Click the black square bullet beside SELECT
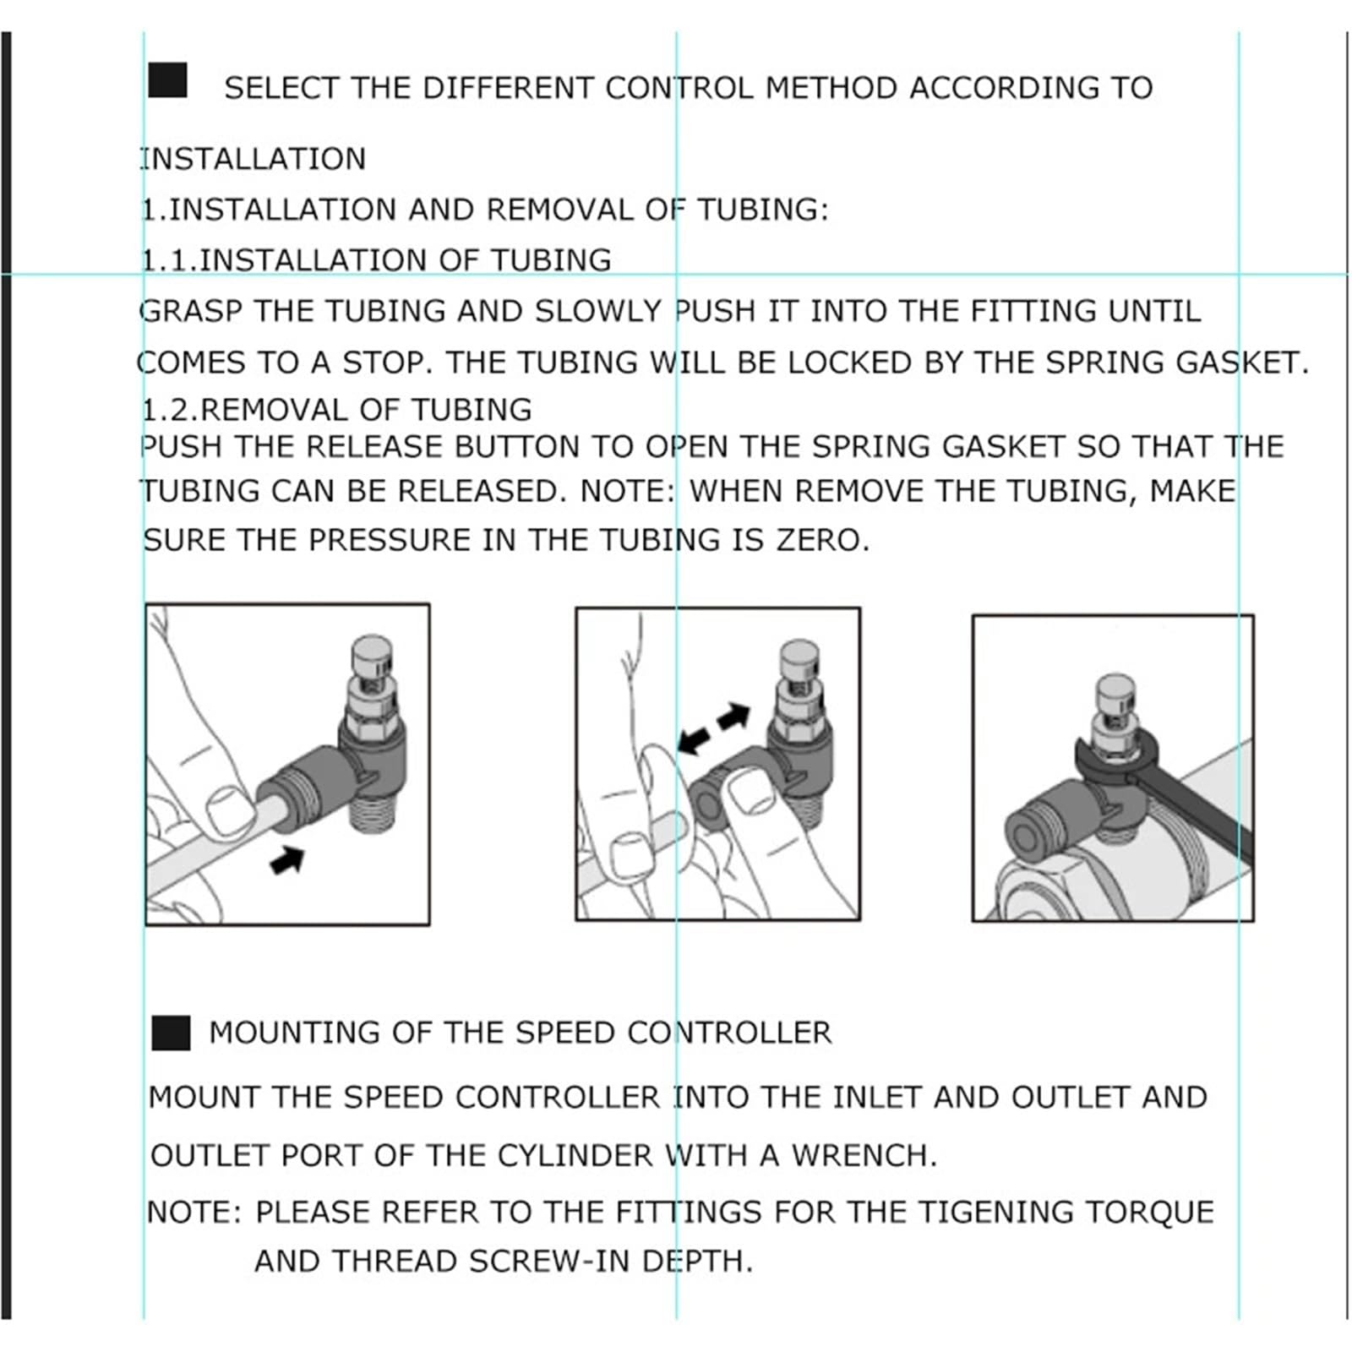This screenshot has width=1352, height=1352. pos(167,80)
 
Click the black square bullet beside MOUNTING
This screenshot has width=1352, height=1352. pos(171,1033)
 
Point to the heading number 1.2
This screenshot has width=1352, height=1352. pos(166,410)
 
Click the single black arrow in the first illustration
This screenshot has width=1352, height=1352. pos(286,860)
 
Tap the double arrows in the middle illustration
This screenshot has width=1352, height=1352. pos(714,728)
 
